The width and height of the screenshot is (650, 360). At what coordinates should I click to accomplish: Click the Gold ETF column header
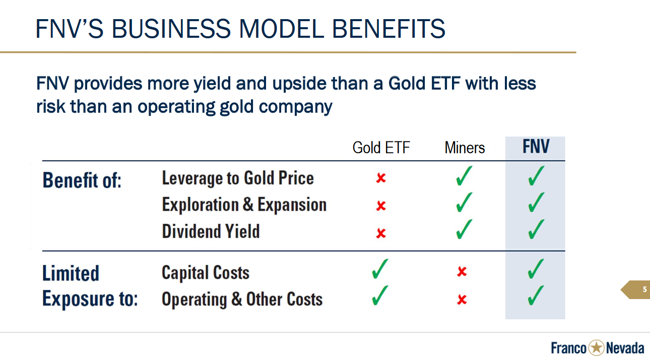(x=381, y=148)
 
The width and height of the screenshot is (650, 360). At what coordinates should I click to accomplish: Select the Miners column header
(x=465, y=148)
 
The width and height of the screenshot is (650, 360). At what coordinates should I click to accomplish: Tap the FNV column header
(x=536, y=147)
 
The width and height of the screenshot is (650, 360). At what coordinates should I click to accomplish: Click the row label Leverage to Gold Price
(x=238, y=178)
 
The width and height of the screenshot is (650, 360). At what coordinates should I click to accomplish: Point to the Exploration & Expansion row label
(x=244, y=204)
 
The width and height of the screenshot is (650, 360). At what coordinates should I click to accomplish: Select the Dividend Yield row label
(x=211, y=231)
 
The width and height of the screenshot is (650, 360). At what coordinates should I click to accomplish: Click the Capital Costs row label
(x=206, y=273)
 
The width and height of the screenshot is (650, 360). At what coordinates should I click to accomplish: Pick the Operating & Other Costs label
(x=242, y=299)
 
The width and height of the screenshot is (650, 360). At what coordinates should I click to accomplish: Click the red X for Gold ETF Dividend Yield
(x=381, y=233)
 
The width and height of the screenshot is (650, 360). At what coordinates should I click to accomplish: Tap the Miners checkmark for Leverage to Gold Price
(x=464, y=176)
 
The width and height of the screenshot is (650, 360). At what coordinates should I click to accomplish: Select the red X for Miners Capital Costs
(x=462, y=271)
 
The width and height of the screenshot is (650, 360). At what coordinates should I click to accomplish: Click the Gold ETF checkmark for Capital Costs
(x=379, y=269)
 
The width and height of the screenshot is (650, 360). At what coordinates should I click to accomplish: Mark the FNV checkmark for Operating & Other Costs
(x=536, y=296)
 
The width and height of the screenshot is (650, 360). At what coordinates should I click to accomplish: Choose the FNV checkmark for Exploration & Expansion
(x=536, y=202)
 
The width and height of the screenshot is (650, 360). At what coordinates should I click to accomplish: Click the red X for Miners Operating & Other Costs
(x=462, y=300)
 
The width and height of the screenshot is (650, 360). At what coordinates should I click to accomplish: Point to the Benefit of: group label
(x=82, y=180)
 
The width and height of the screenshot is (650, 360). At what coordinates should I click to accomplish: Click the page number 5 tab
(x=635, y=290)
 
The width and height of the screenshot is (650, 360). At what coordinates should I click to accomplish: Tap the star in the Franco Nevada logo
(x=596, y=347)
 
